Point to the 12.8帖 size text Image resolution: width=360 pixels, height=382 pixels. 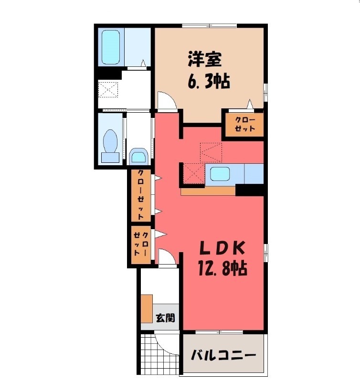pos(222,269)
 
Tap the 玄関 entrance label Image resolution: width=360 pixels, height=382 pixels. pos(165,318)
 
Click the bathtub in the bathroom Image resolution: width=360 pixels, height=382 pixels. pos(111,48)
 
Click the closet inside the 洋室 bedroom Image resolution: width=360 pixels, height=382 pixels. pos(244,124)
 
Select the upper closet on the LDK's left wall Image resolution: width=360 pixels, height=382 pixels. pos(141,195)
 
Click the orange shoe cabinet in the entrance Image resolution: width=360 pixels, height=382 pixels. pos(147,309)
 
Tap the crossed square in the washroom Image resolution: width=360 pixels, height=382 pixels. pos(107,89)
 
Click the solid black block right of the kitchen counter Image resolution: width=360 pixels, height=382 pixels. pos(250,190)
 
